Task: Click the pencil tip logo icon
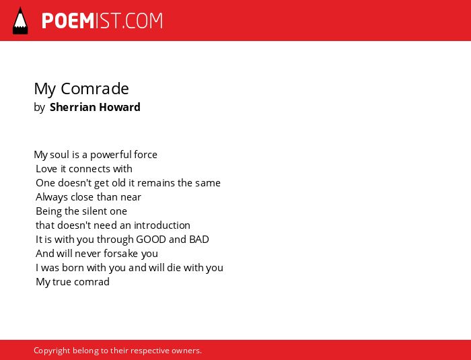coord(20,21)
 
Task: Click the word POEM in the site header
coord(68,21)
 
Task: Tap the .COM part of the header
coord(142,21)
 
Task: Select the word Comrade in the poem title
coord(95,88)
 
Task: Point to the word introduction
coord(162,225)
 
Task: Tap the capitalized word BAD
coord(199,239)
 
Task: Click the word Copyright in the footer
coord(52,351)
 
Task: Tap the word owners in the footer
coord(186,351)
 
